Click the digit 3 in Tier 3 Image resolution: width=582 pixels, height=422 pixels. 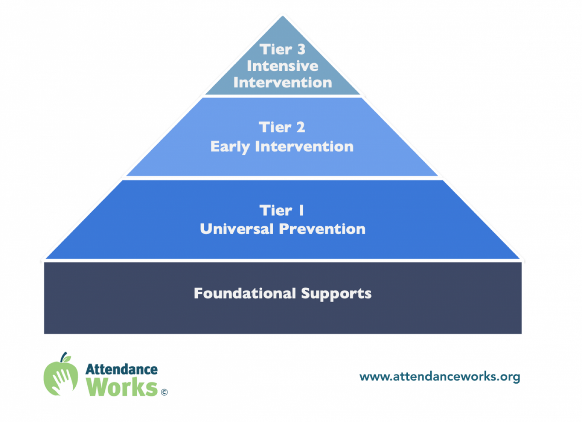[301, 49]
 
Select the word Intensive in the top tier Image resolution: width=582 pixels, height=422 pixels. [282, 66]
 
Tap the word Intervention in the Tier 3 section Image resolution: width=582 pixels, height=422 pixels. [283, 82]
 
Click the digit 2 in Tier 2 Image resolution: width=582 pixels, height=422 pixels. [301, 127]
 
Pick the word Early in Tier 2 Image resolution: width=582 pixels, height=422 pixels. [230, 147]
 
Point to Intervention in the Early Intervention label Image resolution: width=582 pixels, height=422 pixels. [304, 146]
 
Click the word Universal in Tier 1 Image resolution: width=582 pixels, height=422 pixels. [237, 229]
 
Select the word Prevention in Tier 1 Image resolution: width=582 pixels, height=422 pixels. [322, 229]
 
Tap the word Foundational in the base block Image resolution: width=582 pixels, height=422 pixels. [245, 293]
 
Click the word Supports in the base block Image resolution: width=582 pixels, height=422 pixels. [336, 294]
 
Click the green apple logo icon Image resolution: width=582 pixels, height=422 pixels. [61, 374]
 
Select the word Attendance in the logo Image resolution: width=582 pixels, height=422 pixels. [121, 370]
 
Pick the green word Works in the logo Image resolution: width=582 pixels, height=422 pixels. [122, 387]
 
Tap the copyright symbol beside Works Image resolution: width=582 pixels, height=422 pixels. [164, 392]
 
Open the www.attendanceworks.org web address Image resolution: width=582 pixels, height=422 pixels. [440, 377]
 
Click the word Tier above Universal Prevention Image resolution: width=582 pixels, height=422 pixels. [276, 210]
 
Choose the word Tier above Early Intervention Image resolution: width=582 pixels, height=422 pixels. [275, 127]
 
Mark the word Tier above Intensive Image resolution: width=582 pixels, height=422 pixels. [276, 49]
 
